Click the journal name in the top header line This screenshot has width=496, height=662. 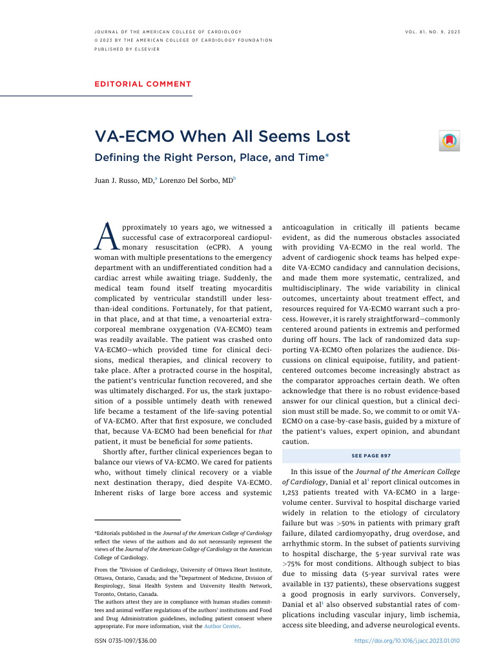click(168, 32)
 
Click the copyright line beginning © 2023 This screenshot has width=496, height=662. click(183, 40)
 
